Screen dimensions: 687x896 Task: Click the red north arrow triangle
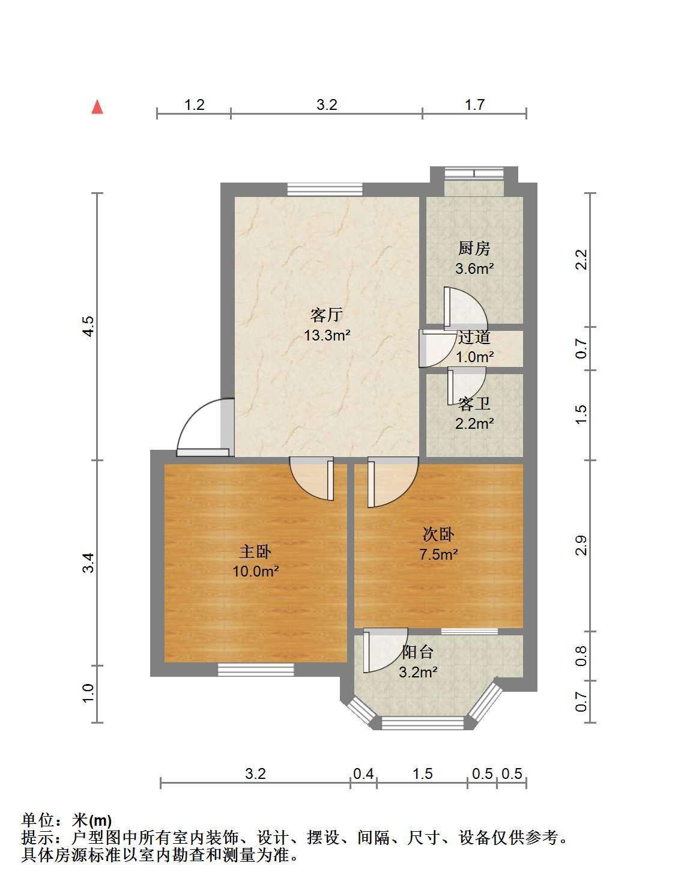(x=97, y=107)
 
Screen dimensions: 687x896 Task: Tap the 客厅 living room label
(x=327, y=315)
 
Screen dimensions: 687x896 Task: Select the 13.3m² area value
(x=327, y=335)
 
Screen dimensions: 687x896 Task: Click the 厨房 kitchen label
(x=474, y=249)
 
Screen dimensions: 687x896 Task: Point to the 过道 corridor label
(x=474, y=338)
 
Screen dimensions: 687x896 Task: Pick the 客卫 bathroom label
(x=474, y=404)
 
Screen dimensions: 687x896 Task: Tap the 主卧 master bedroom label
(x=255, y=552)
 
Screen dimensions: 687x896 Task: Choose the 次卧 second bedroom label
(x=438, y=534)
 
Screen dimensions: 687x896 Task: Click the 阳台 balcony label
(x=417, y=652)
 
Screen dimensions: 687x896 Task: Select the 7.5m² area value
(x=438, y=554)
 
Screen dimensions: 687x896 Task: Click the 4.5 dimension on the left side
(x=89, y=326)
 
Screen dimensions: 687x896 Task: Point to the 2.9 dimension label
(x=581, y=545)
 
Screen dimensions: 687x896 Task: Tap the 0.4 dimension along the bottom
(x=363, y=774)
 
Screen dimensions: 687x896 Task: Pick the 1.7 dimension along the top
(x=474, y=104)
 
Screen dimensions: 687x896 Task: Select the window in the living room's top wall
(x=325, y=189)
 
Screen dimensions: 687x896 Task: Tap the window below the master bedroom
(x=255, y=670)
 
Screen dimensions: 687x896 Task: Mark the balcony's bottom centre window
(x=422, y=723)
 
